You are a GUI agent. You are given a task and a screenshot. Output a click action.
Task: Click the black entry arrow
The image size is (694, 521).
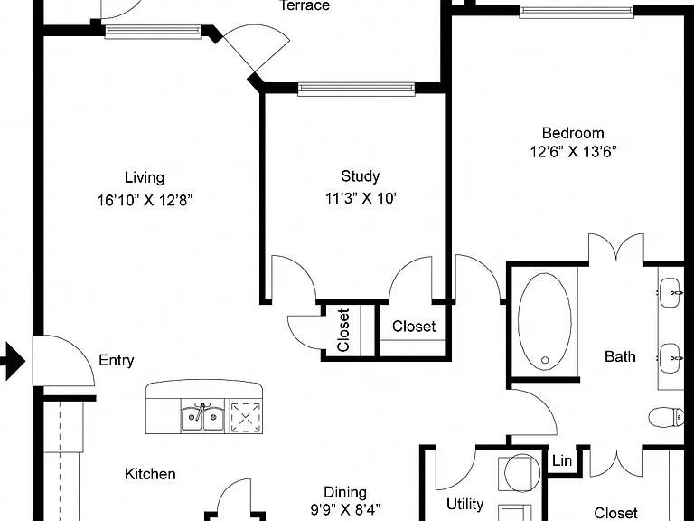coord(13,361)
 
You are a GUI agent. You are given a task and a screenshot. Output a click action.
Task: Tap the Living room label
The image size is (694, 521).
coord(145,177)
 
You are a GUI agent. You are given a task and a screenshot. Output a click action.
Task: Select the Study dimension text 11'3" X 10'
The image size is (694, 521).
coord(361,198)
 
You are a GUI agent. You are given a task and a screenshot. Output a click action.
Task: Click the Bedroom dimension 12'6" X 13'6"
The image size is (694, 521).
coord(573,152)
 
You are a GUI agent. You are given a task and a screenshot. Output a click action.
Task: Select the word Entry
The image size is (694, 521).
coord(117,360)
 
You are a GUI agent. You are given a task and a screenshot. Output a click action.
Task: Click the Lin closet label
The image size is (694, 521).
coord(562,460)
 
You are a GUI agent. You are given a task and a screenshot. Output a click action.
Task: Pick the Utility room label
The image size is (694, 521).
coord(464,504)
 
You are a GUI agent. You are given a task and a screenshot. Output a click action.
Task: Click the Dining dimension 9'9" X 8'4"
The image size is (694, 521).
coord(345,509)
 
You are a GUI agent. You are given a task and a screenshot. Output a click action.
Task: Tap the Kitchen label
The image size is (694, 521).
coord(150,474)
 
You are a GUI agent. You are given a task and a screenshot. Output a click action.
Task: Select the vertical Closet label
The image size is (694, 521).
coord(343,330)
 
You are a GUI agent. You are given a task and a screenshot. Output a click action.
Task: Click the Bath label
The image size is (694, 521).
coord(620,356)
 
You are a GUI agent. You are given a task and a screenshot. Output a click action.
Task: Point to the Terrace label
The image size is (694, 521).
coord(305,5)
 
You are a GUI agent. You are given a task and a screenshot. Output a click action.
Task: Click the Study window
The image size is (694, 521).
coord(356,89)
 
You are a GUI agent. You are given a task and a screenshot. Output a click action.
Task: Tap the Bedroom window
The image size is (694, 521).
coord(577,12)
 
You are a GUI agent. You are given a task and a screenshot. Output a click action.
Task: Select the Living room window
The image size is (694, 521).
coord(153,32)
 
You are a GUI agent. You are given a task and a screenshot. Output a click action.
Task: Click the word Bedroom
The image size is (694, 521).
coord(573,133)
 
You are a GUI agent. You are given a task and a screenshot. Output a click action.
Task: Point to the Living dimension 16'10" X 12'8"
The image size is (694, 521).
coord(145,200)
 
